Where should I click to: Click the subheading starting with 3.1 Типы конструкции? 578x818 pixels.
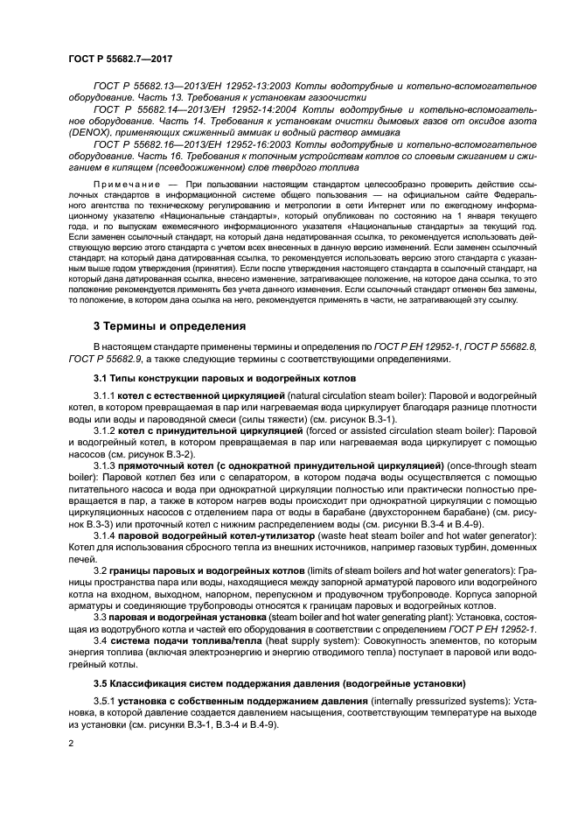225,378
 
